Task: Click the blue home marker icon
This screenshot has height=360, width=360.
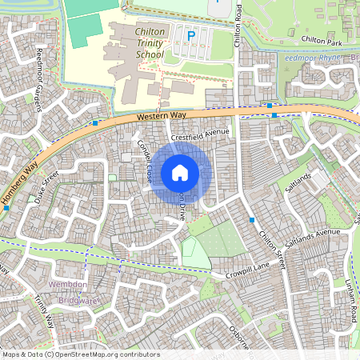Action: tap(180, 172)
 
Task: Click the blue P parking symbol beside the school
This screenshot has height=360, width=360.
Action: tap(190, 35)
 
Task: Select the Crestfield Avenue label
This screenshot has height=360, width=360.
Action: tap(199, 135)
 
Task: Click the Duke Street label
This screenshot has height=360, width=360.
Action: tap(47, 188)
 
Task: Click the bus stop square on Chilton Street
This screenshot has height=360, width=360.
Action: tap(252, 219)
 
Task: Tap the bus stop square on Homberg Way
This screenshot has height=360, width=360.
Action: tap(6, 208)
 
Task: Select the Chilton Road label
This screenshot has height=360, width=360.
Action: tap(238, 24)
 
